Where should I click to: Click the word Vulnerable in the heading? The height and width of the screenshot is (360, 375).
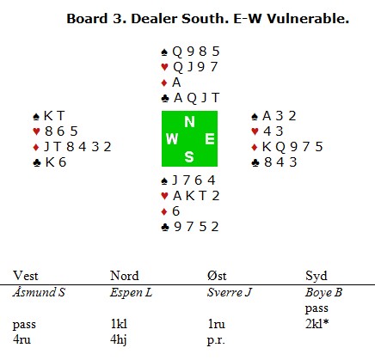[308, 19]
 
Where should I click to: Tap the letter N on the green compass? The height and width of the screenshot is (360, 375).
[189, 122]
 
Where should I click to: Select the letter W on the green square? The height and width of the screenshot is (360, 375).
[172, 139]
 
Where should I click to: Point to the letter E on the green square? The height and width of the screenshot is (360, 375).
[210, 139]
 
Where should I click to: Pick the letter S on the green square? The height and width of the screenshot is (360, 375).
[189, 157]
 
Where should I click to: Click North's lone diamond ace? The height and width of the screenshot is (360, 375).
[176, 82]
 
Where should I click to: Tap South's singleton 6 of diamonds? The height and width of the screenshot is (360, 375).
[175, 211]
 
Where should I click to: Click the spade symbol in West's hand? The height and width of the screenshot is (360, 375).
[36, 116]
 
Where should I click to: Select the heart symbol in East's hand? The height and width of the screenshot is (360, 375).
[255, 131]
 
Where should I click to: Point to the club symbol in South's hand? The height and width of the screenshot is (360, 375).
[165, 228]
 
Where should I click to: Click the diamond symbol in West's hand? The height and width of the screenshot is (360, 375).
[36, 147]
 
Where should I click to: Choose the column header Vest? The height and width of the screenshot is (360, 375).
[26, 276]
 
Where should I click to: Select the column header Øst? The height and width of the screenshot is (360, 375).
[217, 276]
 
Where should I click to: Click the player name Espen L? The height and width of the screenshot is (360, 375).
[131, 292]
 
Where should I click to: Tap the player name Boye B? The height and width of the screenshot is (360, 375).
[323, 292]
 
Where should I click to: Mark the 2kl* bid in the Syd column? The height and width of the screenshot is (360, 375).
[317, 324]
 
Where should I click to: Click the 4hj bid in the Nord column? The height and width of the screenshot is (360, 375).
[119, 340]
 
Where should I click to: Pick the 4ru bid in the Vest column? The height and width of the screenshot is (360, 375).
[22, 339]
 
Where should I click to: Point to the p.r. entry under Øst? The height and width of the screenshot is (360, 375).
[216, 340]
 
